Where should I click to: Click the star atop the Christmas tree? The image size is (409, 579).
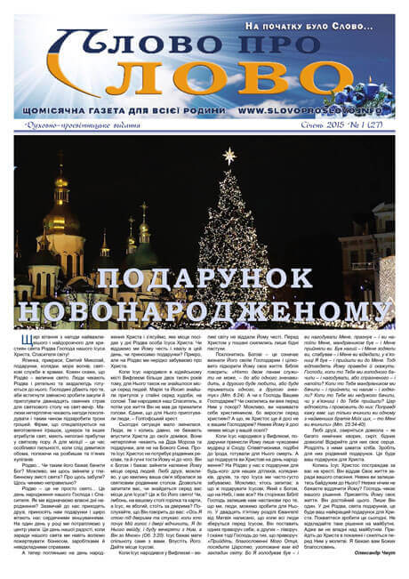[230, 156]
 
